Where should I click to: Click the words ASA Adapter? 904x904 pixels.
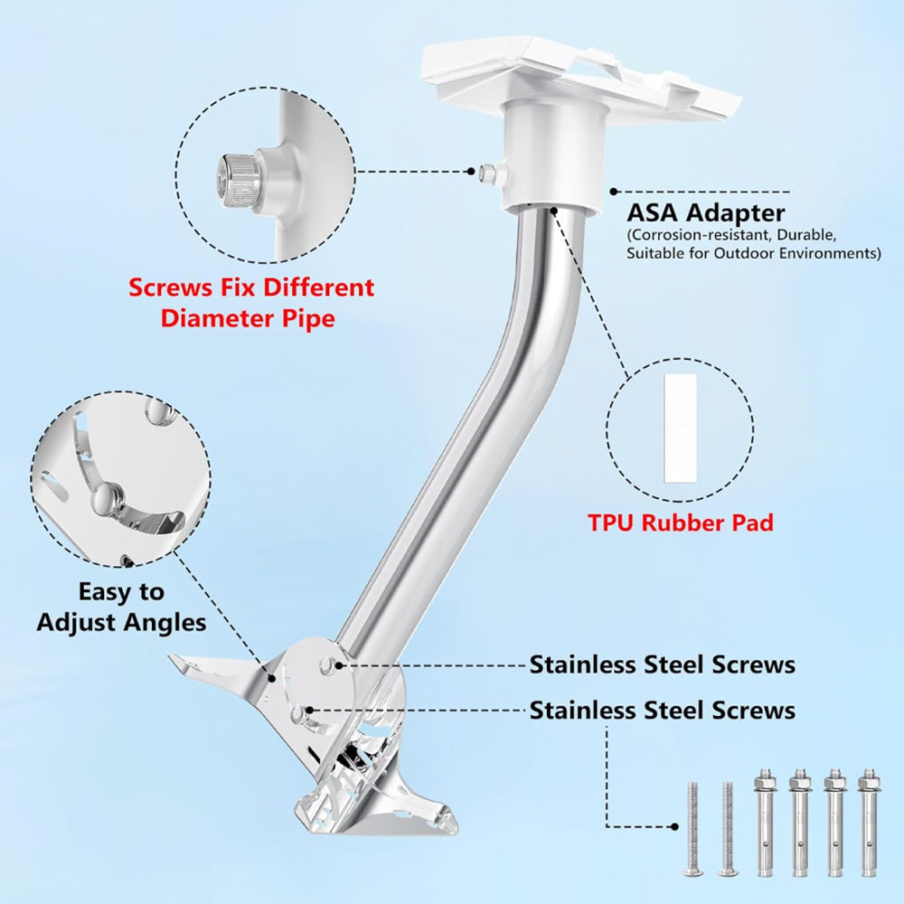pyautogui.click(x=706, y=213)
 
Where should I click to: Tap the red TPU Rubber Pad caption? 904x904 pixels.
pyautogui.click(x=680, y=523)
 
